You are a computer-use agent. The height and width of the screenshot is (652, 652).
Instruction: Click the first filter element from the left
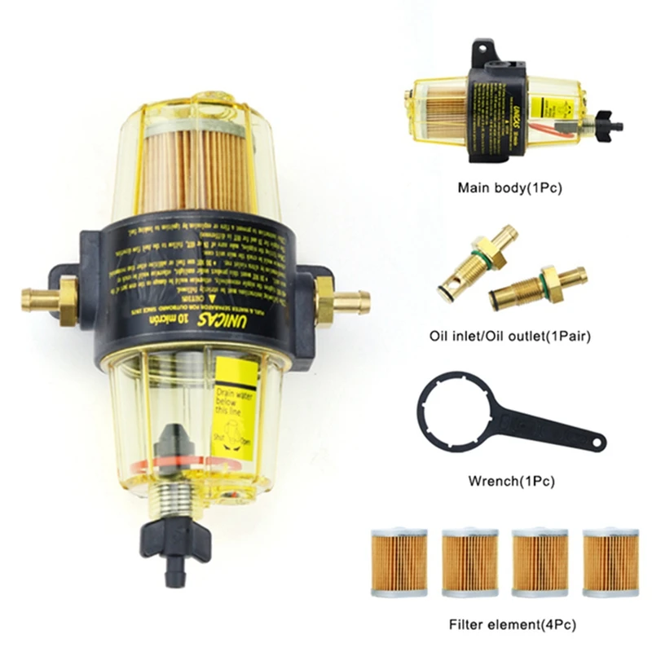[399, 562]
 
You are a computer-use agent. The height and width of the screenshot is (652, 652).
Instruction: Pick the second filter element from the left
[469, 562]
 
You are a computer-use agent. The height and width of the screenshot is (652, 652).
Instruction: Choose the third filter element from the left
[540, 562]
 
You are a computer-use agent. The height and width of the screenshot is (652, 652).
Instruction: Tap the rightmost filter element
[611, 562]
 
